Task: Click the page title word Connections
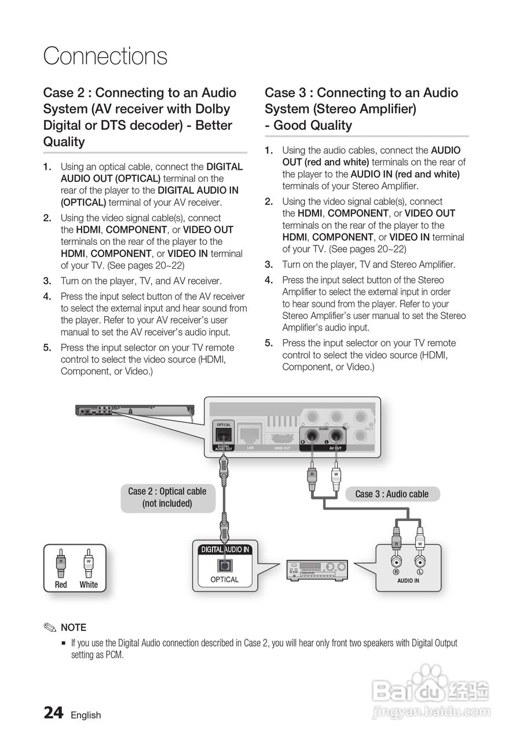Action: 105,56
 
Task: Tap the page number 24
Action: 53,713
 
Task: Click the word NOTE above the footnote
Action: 74,628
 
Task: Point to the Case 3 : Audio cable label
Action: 392,494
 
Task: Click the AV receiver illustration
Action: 317,570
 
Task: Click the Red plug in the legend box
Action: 61,564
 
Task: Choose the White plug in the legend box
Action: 89,564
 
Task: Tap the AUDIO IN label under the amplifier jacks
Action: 408,581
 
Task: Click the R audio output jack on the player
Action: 312,435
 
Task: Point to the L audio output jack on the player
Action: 335,435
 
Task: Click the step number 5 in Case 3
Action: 269,343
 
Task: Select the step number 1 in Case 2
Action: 47,167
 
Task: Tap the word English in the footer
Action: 86,715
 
